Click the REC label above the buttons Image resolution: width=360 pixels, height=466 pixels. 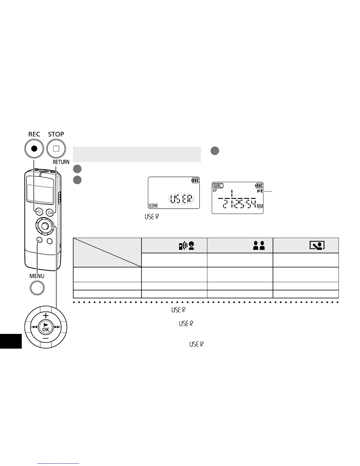[x=34, y=134]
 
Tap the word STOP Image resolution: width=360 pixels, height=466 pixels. [x=56, y=134]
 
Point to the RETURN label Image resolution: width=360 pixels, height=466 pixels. [x=61, y=162]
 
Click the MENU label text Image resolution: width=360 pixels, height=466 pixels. [x=37, y=276]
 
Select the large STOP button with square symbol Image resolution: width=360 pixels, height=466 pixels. [x=56, y=149]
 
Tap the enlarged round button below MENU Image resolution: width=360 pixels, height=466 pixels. [x=37, y=288]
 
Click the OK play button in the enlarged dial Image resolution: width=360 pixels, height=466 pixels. [x=46, y=327]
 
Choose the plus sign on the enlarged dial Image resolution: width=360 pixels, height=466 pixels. [x=46, y=315]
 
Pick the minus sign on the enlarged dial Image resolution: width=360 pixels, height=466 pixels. [x=46, y=338]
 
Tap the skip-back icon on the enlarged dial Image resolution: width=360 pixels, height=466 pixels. [x=34, y=327]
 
